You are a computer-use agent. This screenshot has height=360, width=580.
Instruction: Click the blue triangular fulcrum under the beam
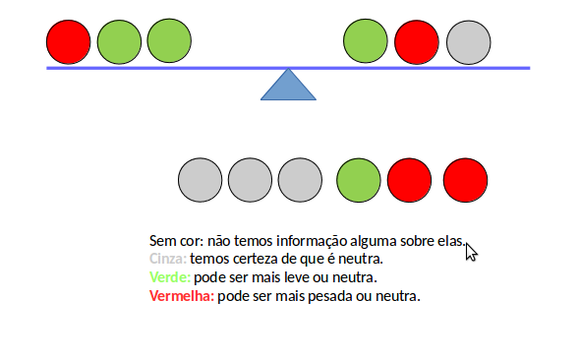point(288,87)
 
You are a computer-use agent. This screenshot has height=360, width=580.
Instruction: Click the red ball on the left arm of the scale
point(69,42)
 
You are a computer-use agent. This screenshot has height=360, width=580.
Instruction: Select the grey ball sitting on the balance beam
point(468,42)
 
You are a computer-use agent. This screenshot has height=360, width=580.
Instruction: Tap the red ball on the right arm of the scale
point(417,42)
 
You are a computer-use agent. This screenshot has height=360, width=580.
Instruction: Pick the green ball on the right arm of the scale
point(366,42)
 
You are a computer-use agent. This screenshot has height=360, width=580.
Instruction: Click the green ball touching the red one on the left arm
point(119,42)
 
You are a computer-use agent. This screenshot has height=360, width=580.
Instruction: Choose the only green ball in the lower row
point(359,181)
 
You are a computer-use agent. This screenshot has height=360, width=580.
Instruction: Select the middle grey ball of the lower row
point(250,181)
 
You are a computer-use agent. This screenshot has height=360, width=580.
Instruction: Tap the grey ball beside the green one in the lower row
point(300,181)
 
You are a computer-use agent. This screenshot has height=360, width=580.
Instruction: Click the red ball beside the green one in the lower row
point(410,181)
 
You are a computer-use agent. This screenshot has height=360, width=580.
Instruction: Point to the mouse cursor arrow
point(471,252)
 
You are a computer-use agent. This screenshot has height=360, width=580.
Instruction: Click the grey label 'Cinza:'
point(167,259)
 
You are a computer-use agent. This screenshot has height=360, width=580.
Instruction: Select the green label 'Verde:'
point(169,277)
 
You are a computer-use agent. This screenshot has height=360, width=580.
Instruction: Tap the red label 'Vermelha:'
point(181,295)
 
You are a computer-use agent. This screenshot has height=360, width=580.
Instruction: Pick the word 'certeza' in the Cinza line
point(256,259)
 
